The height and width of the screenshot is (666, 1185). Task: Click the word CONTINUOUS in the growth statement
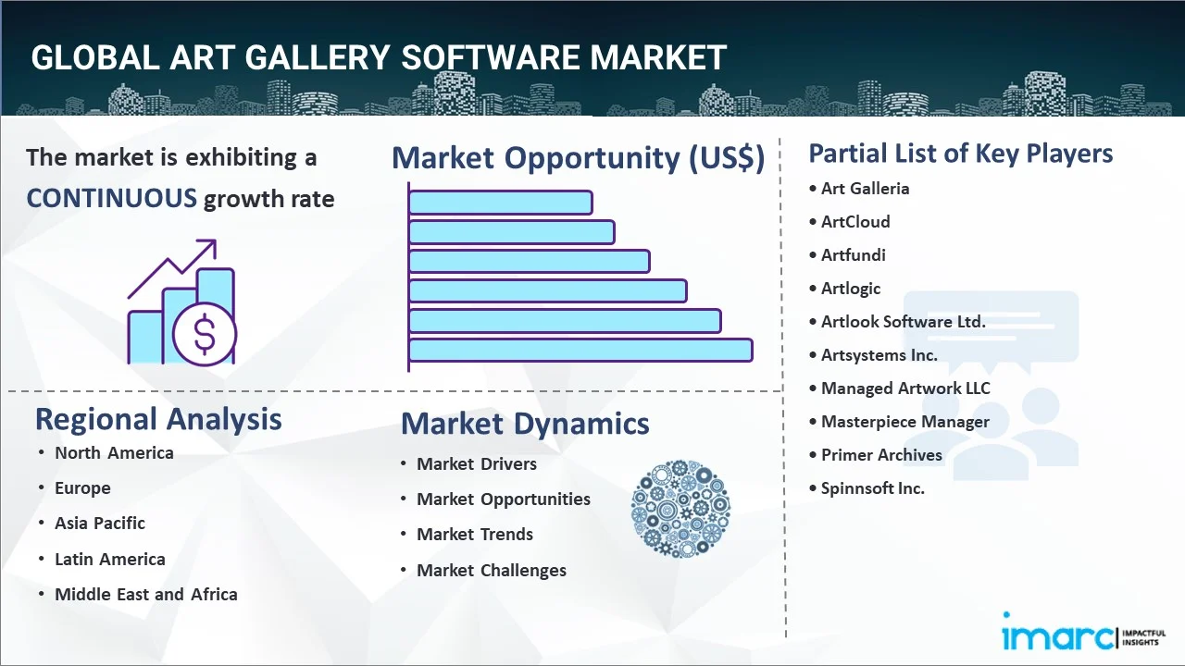[111, 198]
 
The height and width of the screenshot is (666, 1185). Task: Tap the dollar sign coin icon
[205, 335]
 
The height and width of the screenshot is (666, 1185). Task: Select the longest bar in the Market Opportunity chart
[580, 351]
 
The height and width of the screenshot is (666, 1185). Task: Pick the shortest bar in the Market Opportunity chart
[500, 202]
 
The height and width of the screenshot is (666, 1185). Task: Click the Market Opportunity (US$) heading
[578, 158]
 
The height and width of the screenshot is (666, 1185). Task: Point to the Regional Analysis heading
[158, 419]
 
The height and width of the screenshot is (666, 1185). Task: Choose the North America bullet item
[114, 452]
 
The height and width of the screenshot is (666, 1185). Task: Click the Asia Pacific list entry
[100, 523]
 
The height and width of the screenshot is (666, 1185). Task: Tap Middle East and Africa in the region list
[146, 594]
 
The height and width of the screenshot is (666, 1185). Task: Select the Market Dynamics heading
[525, 424]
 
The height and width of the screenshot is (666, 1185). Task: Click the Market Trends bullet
[475, 534]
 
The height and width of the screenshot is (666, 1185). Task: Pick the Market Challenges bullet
[492, 570]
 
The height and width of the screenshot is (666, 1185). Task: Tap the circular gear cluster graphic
[680, 509]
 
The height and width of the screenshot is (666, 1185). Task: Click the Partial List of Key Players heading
[961, 153]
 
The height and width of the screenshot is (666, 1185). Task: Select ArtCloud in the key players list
[855, 221]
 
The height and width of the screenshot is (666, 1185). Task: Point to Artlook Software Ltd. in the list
[903, 321]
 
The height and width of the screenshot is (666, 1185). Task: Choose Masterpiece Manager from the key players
[905, 421]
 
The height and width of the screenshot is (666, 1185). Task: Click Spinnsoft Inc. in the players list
[873, 487]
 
